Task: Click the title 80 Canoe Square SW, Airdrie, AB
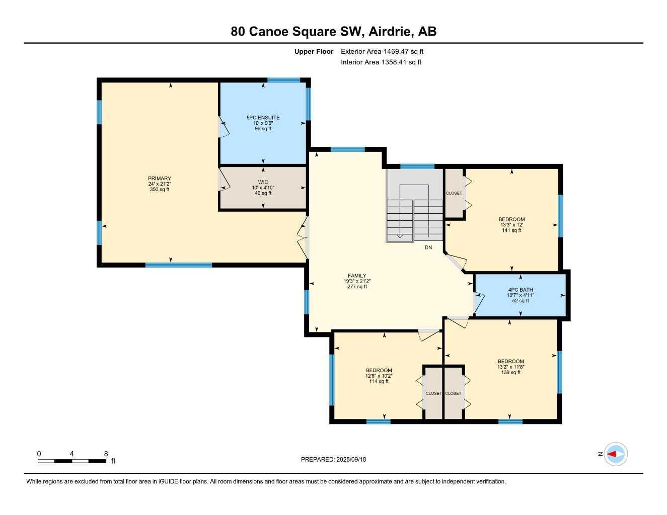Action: (x=333, y=31)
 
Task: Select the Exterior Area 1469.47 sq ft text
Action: (x=382, y=51)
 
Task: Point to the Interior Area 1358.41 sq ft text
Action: (x=381, y=62)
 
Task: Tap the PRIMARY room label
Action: (x=160, y=184)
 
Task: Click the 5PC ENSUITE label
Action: (x=263, y=123)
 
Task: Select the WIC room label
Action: (x=263, y=188)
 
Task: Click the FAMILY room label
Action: (x=357, y=281)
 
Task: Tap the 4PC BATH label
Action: (x=520, y=295)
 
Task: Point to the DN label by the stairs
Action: (x=428, y=247)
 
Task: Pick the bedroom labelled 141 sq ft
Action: (x=511, y=225)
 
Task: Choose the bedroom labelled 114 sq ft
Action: (x=379, y=376)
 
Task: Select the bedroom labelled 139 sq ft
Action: (x=510, y=367)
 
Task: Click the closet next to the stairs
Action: (x=454, y=193)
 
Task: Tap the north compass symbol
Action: (x=615, y=454)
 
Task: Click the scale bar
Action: (x=72, y=461)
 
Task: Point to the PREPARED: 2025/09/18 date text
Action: (x=333, y=459)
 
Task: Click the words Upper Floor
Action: (x=314, y=51)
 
